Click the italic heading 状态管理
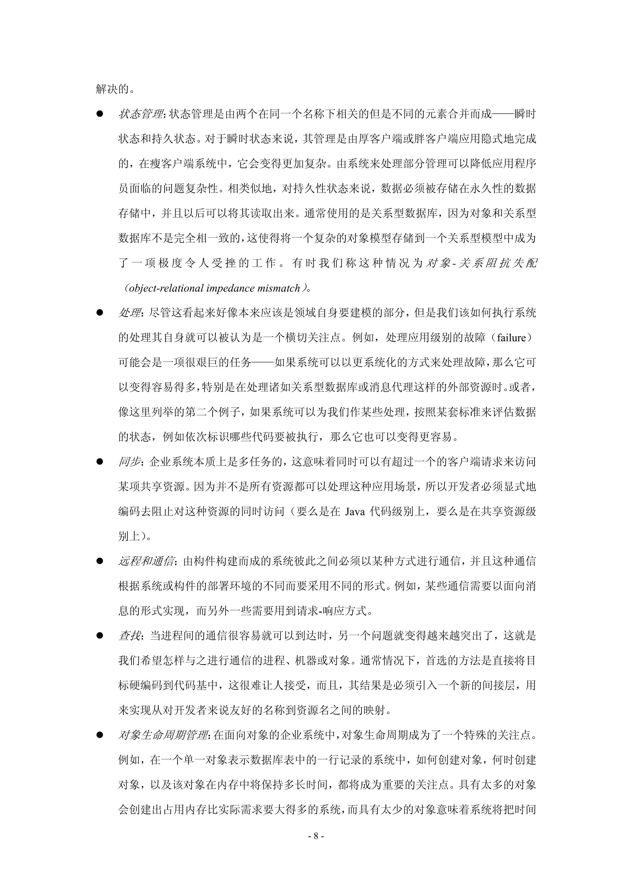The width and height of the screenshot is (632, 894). [x=141, y=114]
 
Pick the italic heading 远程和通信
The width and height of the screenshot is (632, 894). [x=146, y=561]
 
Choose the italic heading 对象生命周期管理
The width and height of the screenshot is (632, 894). [x=163, y=735]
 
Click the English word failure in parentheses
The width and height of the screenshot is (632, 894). [x=511, y=338]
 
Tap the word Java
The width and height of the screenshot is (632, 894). [x=355, y=512]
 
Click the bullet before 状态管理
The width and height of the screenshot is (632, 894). [x=100, y=114]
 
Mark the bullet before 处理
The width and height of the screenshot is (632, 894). [x=100, y=313]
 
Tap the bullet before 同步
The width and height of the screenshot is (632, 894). [x=100, y=462]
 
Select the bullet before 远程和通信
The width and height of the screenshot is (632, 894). [x=100, y=561]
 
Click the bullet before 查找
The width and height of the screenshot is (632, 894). [x=100, y=636]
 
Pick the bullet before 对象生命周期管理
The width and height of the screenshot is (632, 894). [x=100, y=735]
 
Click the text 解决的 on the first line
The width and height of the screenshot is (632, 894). [x=112, y=89]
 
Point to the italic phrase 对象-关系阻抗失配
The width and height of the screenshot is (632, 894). [x=481, y=263]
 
